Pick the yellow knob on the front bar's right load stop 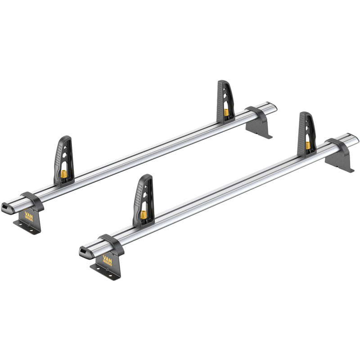pos(308,145)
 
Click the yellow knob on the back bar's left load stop pos(64,173)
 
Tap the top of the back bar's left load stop pos(66,139)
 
